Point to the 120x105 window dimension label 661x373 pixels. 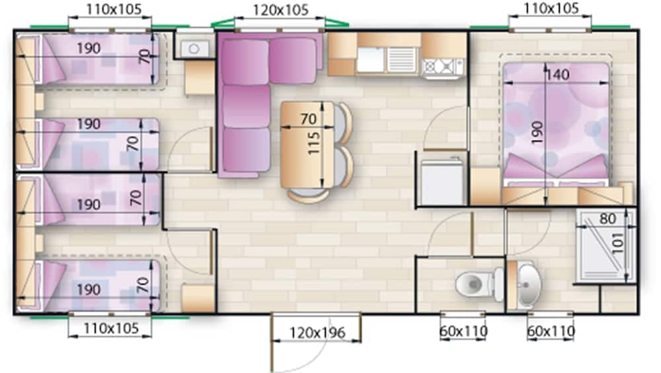280,11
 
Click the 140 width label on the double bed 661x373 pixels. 557,75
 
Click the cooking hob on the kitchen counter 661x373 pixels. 442,66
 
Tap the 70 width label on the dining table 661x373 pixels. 309,119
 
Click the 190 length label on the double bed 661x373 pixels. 537,132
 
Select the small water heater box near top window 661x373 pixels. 194,48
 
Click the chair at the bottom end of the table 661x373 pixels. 308,195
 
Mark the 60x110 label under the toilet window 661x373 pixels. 463,331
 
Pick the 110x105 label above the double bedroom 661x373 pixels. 551,9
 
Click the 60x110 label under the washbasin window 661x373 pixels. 551,331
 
